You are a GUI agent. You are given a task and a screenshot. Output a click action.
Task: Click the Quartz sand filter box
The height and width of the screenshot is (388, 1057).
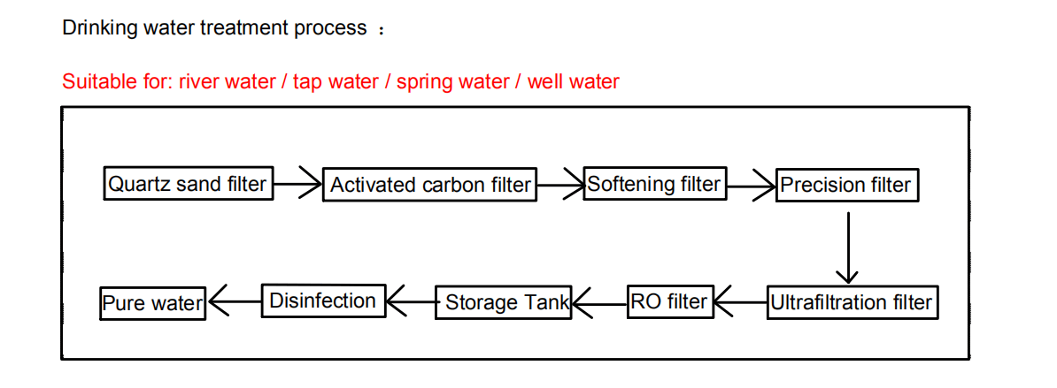click(x=187, y=184)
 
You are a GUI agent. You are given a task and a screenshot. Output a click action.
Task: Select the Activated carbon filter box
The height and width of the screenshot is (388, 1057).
click(x=430, y=185)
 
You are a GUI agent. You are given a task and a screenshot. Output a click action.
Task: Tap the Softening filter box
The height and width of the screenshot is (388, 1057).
click(x=654, y=184)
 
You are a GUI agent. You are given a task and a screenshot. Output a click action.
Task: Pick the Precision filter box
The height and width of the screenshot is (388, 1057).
click(x=845, y=185)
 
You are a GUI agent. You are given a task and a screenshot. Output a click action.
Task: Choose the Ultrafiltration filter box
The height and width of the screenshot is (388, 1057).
click(x=851, y=302)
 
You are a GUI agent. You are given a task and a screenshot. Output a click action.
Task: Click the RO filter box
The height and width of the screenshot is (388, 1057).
click(x=669, y=301)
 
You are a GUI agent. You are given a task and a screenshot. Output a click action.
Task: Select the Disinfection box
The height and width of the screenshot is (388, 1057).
click(x=323, y=301)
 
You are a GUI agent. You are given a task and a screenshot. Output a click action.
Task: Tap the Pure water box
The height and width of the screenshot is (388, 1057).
click(x=152, y=303)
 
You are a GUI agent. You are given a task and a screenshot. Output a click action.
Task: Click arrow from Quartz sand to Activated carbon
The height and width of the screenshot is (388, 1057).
click(x=297, y=185)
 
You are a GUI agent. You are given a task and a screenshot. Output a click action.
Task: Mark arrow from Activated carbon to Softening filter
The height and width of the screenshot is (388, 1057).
click(x=560, y=185)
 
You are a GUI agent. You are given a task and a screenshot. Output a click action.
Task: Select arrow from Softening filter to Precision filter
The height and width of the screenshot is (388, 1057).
click(x=751, y=185)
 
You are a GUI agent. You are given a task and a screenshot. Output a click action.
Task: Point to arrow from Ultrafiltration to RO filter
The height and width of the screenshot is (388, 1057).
click(x=739, y=303)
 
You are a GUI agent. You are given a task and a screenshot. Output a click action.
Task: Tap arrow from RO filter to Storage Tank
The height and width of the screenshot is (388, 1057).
click(x=599, y=303)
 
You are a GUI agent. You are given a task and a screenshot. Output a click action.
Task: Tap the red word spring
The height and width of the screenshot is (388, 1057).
click(x=421, y=82)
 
